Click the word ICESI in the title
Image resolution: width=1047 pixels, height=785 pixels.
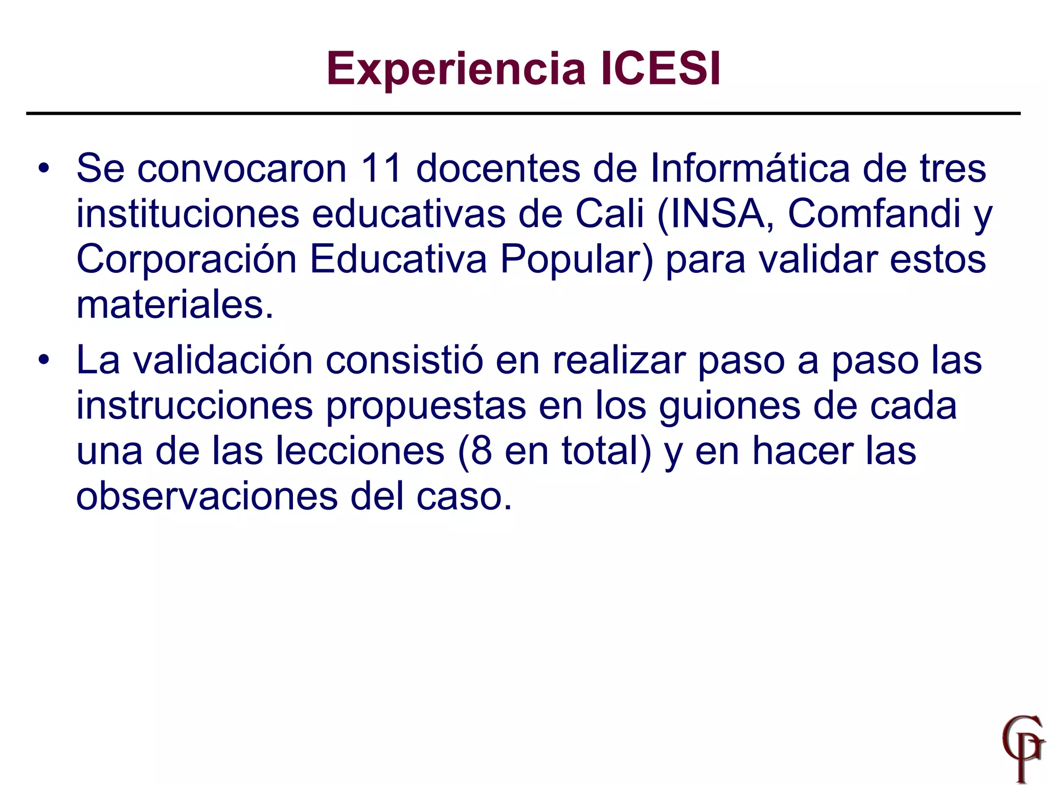661,68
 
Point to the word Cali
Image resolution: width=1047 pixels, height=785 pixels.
609,213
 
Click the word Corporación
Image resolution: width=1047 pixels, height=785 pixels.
187,259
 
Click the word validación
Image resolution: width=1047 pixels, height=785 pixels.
223,360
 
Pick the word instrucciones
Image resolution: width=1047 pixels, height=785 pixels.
194,405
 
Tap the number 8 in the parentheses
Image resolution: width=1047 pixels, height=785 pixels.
481,451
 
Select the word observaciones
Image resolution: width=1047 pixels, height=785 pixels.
207,496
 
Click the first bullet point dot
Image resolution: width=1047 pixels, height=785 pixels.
44,169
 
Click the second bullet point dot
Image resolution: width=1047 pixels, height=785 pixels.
44,360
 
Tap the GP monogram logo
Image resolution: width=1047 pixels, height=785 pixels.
1021,748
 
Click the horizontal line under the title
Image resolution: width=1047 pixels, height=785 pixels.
523,113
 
